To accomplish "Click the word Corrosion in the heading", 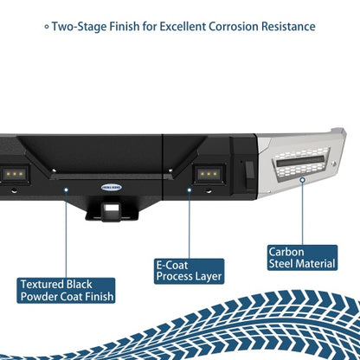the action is (x=234, y=27).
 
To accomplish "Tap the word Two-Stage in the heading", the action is (x=79, y=27).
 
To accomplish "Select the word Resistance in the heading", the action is (x=288, y=27).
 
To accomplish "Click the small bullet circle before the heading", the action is (x=47, y=27).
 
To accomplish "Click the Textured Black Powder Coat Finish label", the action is (x=66, y=291).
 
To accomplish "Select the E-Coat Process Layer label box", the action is (x=189, y=271).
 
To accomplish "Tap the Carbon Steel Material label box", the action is (x=302, y=258).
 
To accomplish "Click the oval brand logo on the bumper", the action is (x=112, y=188).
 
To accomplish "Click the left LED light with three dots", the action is (x=14, y=174).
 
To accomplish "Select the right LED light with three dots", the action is (x=209, y=174).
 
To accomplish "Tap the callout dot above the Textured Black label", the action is (x=67, y=190).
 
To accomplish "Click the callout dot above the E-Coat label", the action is (x=190, y=190).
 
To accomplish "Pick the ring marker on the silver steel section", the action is (x=302, y=180).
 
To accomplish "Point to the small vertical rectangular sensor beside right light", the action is (x=250, y=170).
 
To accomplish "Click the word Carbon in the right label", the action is (x=286, y=252).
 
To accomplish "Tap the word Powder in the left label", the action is (x=36, y=297).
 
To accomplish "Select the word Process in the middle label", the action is (x=171, y=277).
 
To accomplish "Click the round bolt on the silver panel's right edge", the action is (x=334, y=164).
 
